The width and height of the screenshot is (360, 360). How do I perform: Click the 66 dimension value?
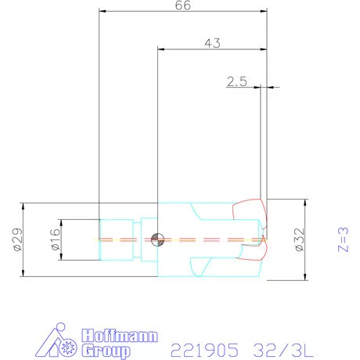click(183, 5)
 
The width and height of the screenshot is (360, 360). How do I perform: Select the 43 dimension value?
click(212, 43)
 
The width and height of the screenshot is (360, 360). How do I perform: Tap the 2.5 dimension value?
click(236, 81)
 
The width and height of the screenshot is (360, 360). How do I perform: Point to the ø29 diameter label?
click(18, 239)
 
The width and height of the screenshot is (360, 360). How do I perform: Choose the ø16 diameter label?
click(56, 239)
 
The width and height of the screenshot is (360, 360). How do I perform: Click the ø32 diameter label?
click(300, 239)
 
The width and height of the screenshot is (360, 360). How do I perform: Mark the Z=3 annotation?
click(344, 239)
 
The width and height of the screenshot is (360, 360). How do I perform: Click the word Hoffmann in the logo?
click(120, 336)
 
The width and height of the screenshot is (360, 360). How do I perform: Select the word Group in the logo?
click(106, 351)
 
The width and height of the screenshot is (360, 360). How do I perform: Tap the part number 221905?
click(205, 350)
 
